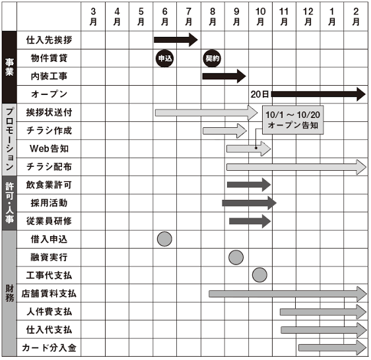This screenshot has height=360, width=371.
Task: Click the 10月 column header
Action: pos(260,16)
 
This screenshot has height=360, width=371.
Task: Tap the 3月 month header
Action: pos(93,16)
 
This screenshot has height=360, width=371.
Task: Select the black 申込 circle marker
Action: pos(164,58)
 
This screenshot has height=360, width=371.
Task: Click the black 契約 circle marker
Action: pos(212,58)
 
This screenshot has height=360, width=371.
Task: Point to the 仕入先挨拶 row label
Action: pos(49,40)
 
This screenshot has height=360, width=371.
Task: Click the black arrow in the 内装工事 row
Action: pos(224,76)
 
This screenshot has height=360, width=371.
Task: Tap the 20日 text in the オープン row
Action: pos(259,94)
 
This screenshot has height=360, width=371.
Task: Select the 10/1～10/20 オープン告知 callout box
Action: pos(292,120)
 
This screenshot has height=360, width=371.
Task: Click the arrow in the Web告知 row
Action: pos(249,148)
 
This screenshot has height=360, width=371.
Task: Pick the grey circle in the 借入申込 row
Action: pos(164,239)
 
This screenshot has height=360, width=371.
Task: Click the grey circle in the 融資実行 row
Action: pos(236,257)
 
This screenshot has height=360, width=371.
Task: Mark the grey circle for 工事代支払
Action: pos(259,275)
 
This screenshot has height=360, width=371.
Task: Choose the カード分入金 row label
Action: pos(49,347)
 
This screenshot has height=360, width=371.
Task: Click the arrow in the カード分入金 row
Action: pos(333,347)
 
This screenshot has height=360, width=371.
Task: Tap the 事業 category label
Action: pos(9,67)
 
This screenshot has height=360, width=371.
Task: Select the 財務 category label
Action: pos(9,293)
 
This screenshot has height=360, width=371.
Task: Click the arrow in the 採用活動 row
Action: pos(249,203)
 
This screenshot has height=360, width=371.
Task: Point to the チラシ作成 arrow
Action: pos(224,131)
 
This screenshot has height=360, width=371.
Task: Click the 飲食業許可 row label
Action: pos(49,185)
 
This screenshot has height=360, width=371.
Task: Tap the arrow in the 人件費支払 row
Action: pos(323,312)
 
